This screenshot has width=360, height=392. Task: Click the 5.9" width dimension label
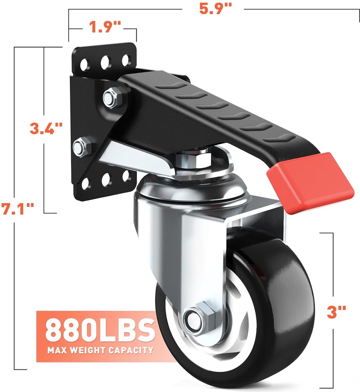pyautogui.click(x=215, y=9)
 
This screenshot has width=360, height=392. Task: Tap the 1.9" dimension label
pyautogui.click(x=105, y=27)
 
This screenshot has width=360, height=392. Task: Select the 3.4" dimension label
pyautogui.click(x=46, y=128)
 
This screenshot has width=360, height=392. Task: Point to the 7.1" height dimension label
pyautogui.click(x=18, y=209)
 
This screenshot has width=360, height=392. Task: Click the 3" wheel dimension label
pyautogui.click(x=336, y=312)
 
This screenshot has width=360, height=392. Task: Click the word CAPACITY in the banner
pyautogui.click(x=131, y=350)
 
